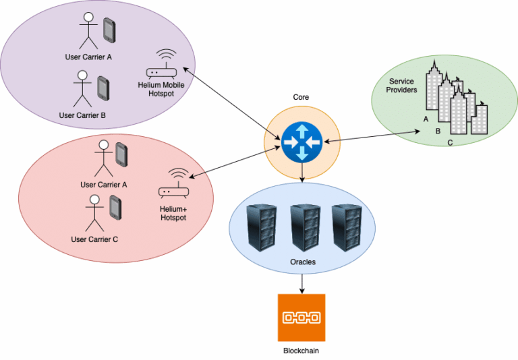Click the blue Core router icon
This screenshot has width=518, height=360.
coord(301,142)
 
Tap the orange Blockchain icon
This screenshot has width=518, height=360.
coord(301,317)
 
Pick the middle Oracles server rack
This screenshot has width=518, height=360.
coord(301,227)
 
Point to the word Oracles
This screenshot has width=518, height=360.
coord(301,262)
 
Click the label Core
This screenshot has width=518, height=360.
coord(301,97)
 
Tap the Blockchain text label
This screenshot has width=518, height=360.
coord(301,351)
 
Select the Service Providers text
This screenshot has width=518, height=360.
coord(402,86)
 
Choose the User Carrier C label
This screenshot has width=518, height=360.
coord(94,239)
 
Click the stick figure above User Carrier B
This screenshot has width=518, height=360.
coord(82,88)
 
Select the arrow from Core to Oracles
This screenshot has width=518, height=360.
coord(301,174)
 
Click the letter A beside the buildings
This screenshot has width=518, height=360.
coord(426,119)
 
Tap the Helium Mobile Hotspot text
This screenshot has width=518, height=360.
coord(166,89)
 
